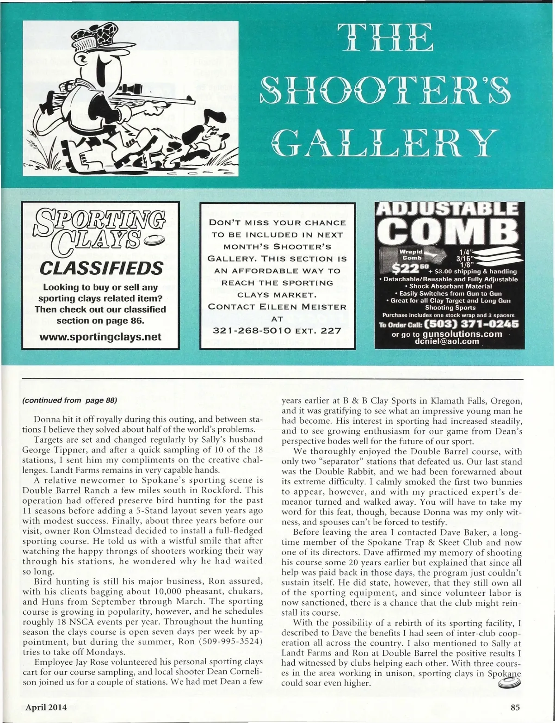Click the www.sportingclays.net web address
tap(100, 336)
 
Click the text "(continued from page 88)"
tap(69, 400)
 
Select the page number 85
tap(515, 707)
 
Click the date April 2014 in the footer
tap(46, 707)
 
